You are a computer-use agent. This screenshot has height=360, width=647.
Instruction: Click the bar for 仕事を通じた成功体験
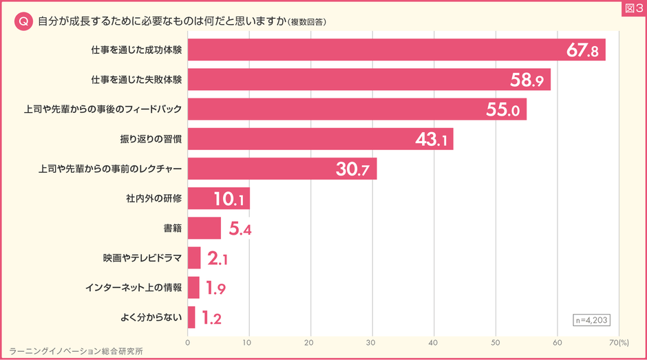[396, 50]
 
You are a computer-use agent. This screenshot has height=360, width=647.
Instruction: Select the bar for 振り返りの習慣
[320, 139]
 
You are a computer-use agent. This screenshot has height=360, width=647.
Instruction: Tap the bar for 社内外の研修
[218, 198]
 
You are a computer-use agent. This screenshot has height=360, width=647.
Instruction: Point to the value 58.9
[527, 81]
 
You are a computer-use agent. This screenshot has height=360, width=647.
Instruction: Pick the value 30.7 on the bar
[353, 169]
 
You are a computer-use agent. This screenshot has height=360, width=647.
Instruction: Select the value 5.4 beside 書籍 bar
[240, 229]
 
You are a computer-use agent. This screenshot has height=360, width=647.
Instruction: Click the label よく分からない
[149, 318]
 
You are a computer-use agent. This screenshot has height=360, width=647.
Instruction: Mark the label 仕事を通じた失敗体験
[136, 80]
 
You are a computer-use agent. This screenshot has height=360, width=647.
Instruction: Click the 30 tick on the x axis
[372, 341]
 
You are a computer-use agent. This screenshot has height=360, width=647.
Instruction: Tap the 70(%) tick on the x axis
[619, 341]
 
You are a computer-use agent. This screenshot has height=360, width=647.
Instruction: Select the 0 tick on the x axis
[188, 341]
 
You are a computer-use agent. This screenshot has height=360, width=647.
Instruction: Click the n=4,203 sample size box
[591, 319]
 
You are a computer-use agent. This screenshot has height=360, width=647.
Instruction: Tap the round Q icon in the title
[23, 21]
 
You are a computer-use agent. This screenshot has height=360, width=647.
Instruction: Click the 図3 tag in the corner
[631, 8]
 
